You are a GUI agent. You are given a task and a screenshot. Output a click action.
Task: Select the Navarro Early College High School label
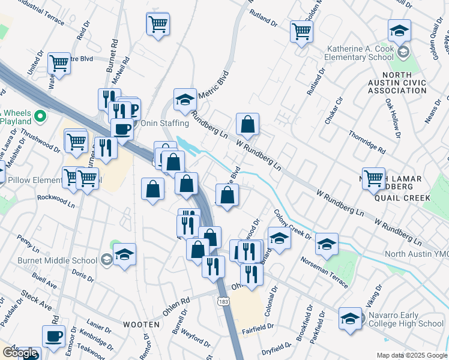click(406, 323)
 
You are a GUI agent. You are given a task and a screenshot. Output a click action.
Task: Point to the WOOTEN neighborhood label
click(141, 324)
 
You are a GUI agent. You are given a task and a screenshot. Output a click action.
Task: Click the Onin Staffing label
click(164, 123)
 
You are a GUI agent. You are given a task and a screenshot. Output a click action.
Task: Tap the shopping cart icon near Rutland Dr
click(301, 31)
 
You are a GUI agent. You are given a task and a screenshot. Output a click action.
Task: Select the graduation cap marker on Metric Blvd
click(185, 100)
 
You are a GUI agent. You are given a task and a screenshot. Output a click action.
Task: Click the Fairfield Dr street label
click(258, 327)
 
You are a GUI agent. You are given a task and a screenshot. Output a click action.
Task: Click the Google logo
click(19, 353)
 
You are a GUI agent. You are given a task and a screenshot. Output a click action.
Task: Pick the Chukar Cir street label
click(334, 110)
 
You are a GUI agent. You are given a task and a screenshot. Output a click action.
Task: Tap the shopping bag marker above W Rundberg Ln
click(247, 125)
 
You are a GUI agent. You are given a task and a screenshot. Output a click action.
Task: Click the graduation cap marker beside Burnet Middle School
click(125, 254)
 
